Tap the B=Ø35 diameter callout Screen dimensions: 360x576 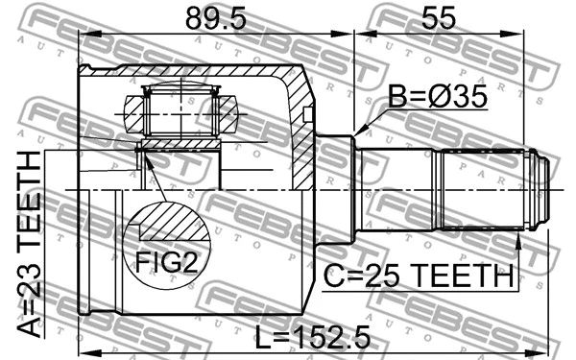pyautogui.click(x=437, y=96)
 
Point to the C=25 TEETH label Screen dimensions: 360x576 pyautogui.click(x=417, y=276)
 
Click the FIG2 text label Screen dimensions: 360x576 pyautogui.click(x=165, y=261)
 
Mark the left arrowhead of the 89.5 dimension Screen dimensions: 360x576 pyautogui.click(x=84, y=35)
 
